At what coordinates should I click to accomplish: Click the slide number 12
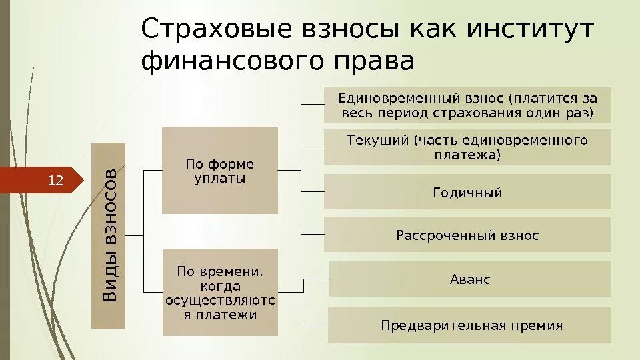[55, 179]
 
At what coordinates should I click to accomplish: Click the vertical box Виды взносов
[107, 235]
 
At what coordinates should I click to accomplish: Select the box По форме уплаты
[219, 170]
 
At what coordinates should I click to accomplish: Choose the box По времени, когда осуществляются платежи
[219, 293]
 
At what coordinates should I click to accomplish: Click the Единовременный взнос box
[467, 105]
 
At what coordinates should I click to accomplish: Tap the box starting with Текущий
[467, 147]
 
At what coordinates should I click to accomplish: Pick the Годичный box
[467, 193]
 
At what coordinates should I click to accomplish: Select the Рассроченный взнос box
[467, 235]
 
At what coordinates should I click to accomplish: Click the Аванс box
[470, 279]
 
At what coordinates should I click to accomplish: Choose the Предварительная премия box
[470, 325]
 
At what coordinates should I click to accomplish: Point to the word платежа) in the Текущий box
[467, 155]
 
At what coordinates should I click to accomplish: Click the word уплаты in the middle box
[219, 179]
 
